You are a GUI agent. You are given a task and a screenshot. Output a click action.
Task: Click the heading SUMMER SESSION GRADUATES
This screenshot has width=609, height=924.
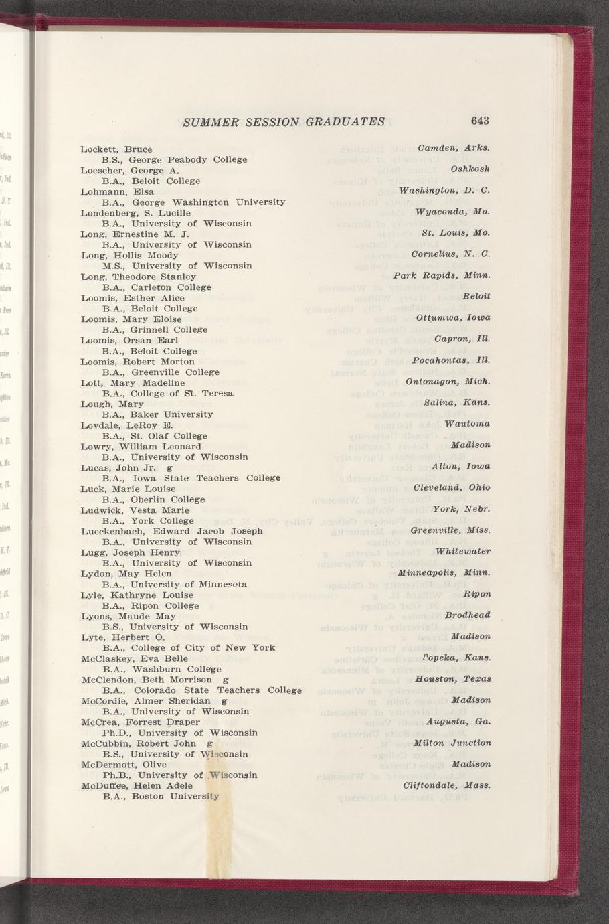(x=284, y=121)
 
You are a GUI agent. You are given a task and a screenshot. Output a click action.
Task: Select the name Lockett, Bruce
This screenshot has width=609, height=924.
(x=116, y=149)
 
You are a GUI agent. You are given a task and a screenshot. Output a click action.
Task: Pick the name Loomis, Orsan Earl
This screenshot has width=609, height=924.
(x=128, y=340)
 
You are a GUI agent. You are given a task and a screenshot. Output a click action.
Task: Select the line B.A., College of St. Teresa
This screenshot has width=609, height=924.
(x=167, y=394)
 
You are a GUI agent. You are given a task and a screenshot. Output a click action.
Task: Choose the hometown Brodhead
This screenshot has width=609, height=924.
(x=468, y=615)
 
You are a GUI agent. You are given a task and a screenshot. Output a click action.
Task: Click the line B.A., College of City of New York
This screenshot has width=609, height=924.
(x=189, y=648)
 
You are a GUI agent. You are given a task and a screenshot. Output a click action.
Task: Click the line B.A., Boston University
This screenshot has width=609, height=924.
(x=161, y=797)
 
